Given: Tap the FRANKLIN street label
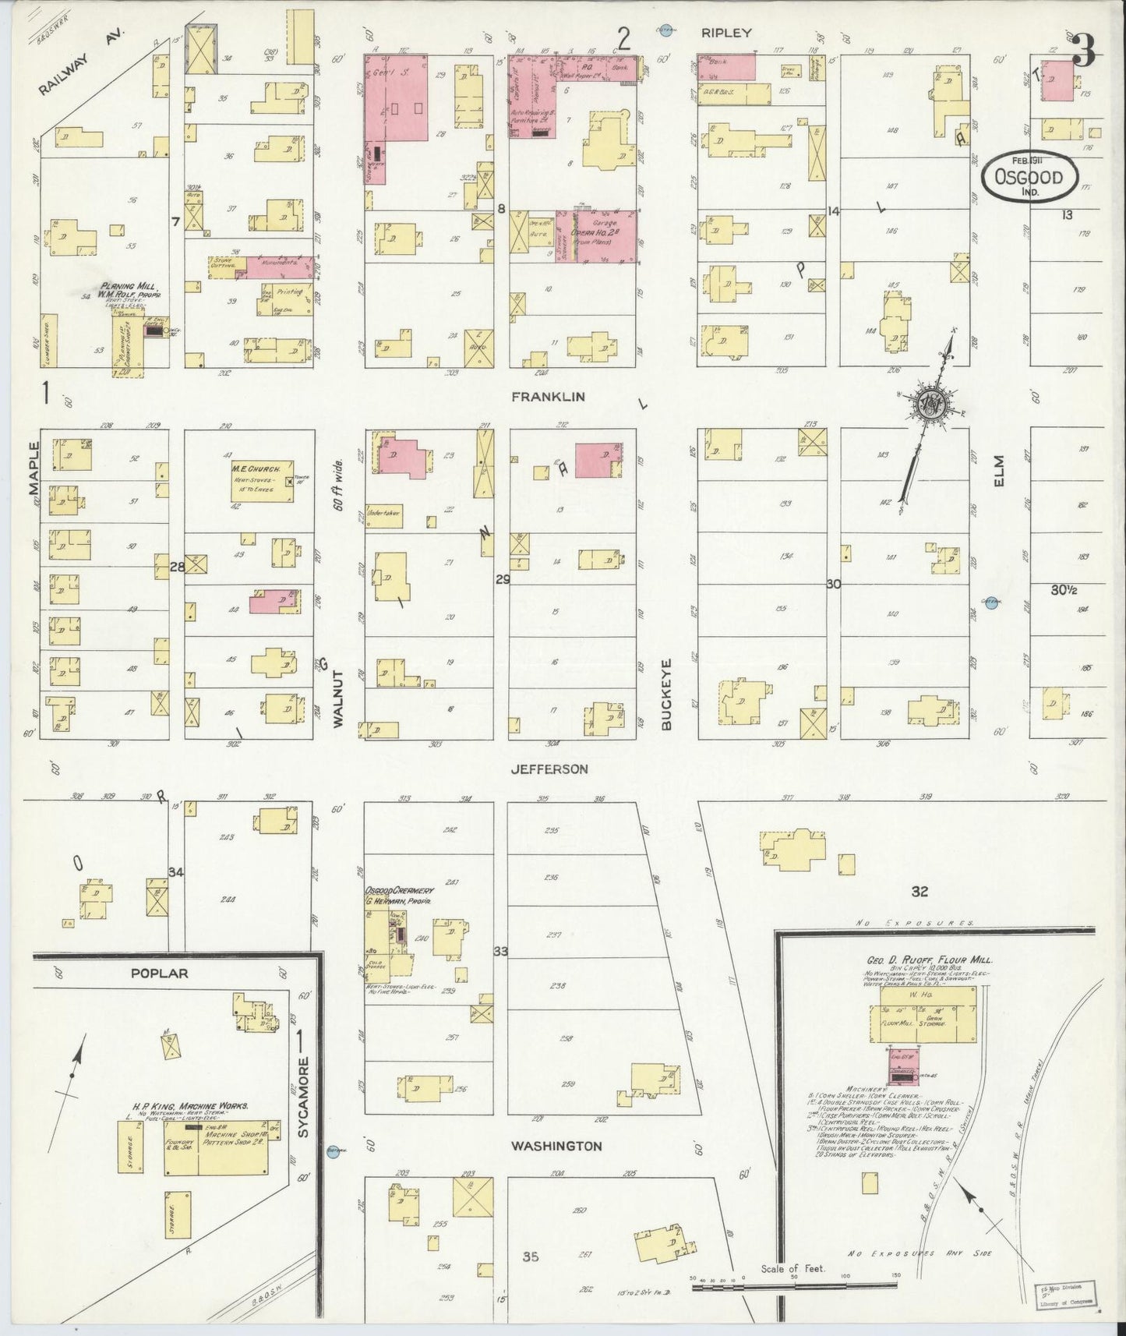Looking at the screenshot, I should point(548,397).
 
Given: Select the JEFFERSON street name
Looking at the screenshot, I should point(549,769).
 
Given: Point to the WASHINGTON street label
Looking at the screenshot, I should point(556,1146).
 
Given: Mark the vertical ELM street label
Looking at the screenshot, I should point(1000,470).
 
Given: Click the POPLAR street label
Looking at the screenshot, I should point(159,973).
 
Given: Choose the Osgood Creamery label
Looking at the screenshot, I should point(398,894).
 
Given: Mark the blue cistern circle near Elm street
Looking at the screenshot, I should point(991,602).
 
